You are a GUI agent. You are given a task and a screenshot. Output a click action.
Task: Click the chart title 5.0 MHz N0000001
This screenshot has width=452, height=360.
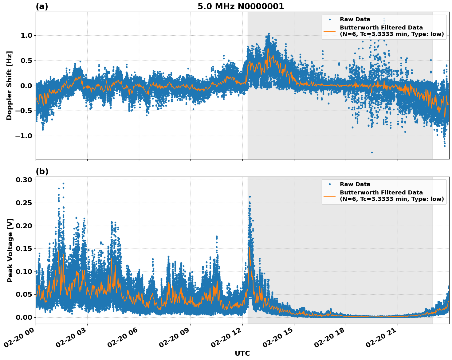[x=241, y=6]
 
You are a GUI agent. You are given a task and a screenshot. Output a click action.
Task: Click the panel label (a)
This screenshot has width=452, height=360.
[x=42, y=6]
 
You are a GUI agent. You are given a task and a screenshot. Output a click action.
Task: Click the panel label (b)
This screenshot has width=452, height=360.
[x=42, y=171]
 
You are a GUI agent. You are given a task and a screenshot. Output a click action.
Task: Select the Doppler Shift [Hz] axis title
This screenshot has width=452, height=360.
[x=9, y=85]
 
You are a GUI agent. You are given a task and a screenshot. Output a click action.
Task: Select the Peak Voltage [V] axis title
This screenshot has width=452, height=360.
[x=10, y=250]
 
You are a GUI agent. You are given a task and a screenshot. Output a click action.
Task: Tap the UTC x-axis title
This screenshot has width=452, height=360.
[x=242, y=353]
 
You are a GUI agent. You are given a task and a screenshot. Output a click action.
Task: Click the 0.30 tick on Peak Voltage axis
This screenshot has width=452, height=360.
[x=24, y=180]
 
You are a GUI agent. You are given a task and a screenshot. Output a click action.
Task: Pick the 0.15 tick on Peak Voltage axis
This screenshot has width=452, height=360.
[x=24, y=248]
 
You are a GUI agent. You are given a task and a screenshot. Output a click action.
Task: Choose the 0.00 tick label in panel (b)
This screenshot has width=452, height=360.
[x=24, y=317]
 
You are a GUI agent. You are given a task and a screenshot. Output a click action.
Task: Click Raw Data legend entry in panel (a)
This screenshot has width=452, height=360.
[x=355, y=19]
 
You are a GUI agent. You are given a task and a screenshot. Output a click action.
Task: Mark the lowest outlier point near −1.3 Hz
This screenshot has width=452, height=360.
[x=372, y=152]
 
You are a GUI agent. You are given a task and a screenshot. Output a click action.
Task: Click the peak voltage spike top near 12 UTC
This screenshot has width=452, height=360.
[x=250, y=197]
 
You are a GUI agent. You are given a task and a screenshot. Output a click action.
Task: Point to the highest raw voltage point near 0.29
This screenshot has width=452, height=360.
[x=63, y=183]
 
